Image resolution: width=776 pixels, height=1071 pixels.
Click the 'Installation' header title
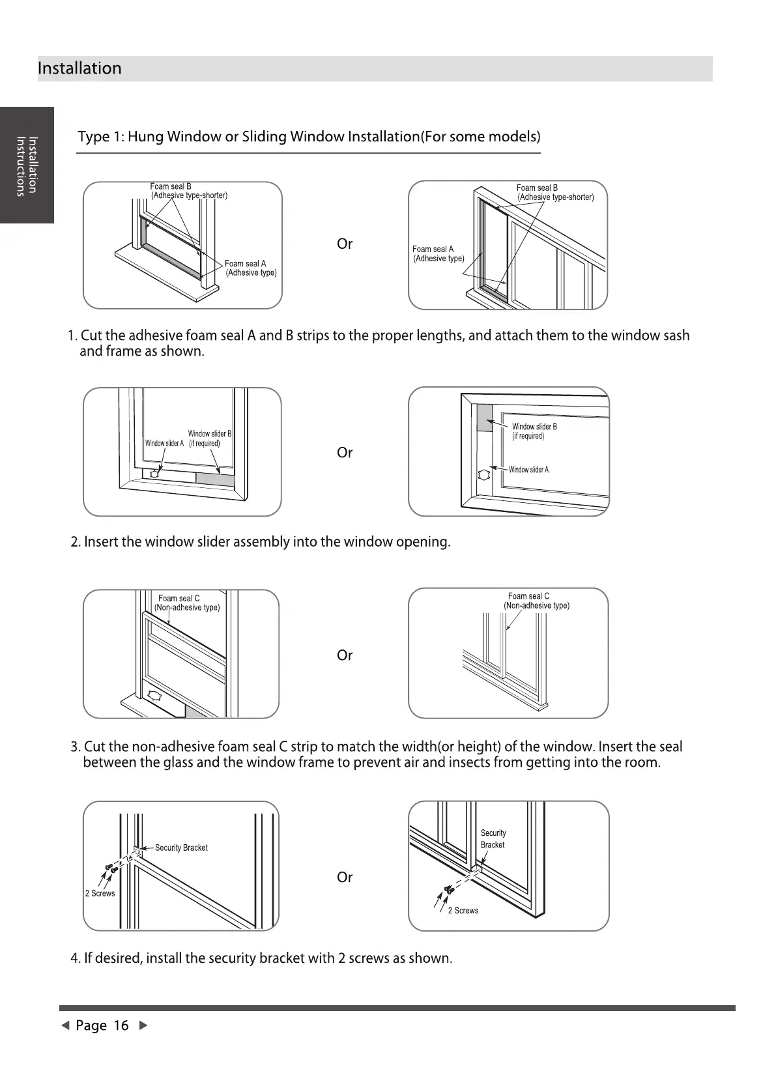click(79, 68)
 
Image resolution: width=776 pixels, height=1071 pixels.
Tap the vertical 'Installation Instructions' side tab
click(27, 165)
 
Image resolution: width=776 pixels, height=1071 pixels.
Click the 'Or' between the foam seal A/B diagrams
click(345, 244)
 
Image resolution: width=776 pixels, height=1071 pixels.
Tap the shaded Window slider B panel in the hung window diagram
click(215, 479)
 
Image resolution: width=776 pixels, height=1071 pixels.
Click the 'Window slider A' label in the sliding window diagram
click(528, 470)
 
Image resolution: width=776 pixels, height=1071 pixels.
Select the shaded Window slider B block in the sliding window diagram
click(484, 418)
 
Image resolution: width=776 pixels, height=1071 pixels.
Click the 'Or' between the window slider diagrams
click(345, 453)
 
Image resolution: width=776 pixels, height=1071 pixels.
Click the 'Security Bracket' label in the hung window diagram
click(181, 848)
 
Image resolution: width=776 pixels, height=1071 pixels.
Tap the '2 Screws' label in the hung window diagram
click(100, 893)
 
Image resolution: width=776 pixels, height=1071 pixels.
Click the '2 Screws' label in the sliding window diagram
click(463, 911)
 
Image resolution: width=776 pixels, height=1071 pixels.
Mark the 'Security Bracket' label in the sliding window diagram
click(493, 838)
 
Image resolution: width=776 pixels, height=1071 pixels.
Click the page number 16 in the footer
click(121, 1025)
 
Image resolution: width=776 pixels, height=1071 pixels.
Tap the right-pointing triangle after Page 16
click(144, 1025)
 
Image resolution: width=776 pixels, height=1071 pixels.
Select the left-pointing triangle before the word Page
click(65, 1025)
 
